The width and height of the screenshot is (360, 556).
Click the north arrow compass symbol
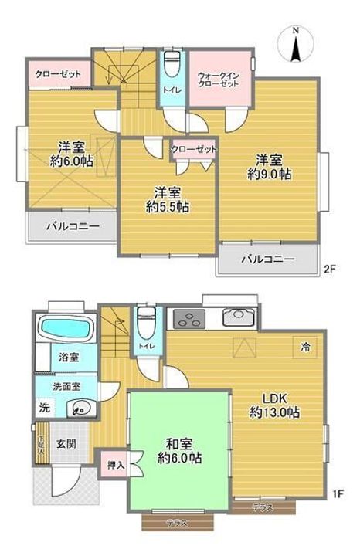[x=297, y=43]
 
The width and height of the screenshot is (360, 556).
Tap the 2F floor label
[x=331, y=270]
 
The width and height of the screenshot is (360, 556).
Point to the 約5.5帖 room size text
[x=168, y=206]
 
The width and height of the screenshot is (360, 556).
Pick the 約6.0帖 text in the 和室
[x=180, y=458]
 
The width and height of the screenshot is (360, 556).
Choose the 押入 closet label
[x=114, y=466]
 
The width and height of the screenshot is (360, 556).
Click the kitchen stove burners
[x=185, y=317]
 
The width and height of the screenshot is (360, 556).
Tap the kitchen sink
[x=238, y=317]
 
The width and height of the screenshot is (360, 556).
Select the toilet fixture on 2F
[x=172, y=62]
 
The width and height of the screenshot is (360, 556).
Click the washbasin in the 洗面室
[x=77, y=409]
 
